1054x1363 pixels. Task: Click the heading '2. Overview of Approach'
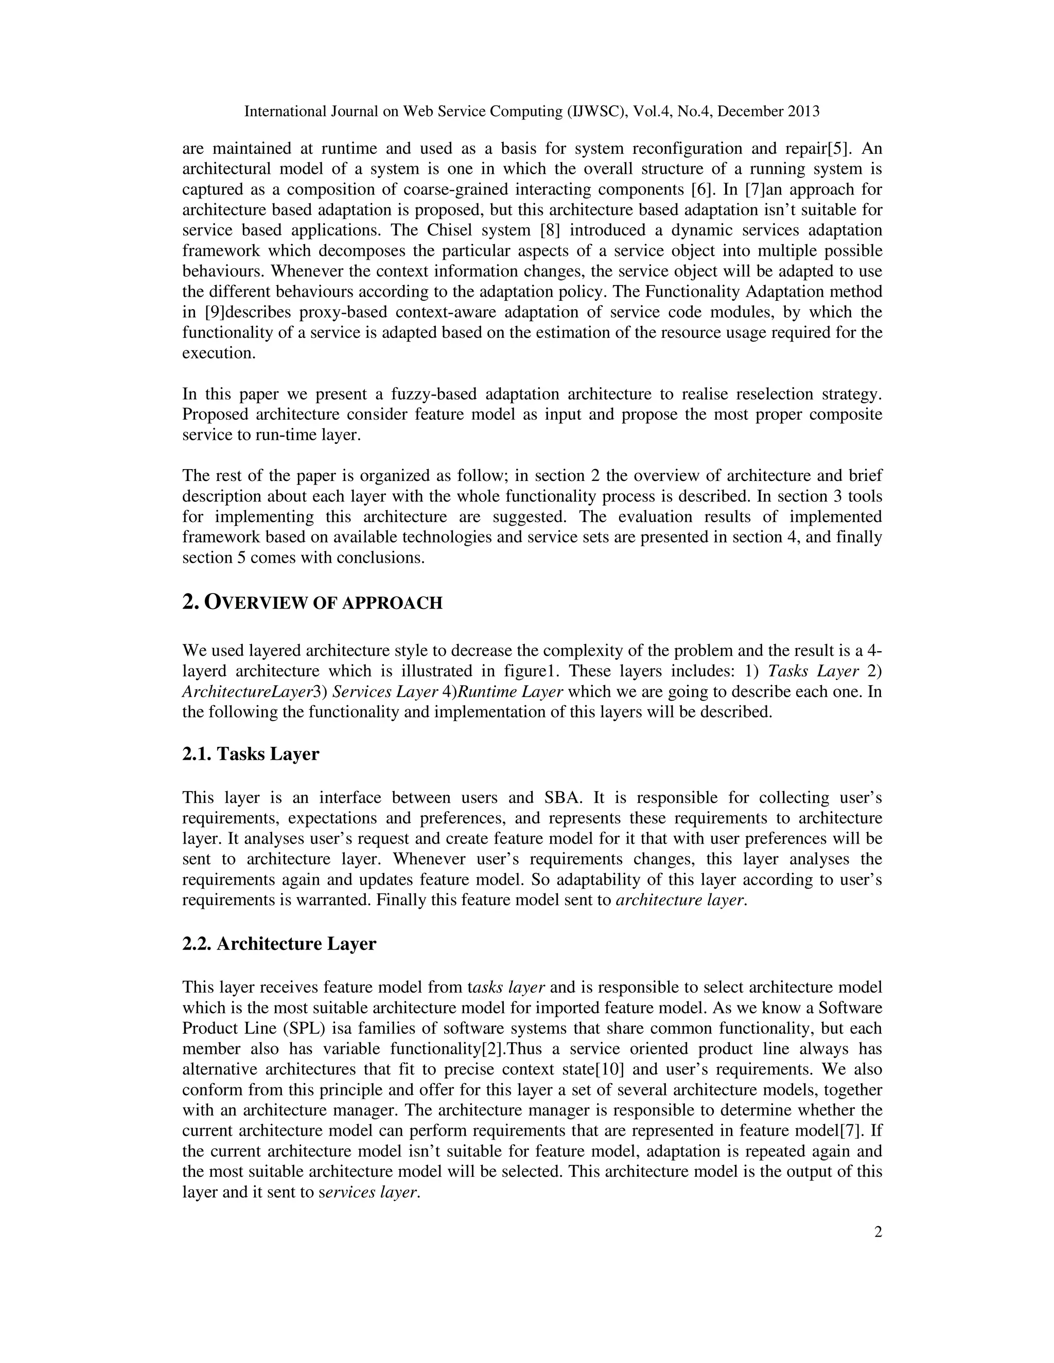(x=312, y=602)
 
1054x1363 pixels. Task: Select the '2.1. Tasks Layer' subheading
(x=251, y=754)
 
